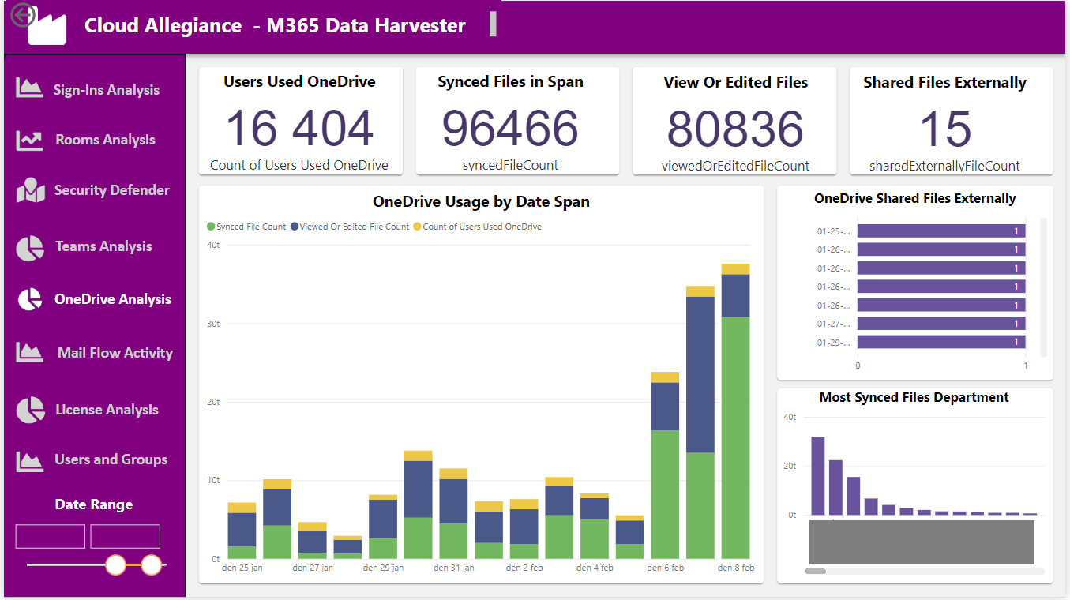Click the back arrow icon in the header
point(22,15)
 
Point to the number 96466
point(510,128)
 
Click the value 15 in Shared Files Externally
point(945,129)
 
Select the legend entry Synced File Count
point(246,227)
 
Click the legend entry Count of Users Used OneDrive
point(477,227)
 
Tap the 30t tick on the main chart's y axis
point(213,324)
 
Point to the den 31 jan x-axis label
point(453,568)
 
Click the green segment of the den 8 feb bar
point(735,437)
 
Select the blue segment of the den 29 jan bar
point(383,519)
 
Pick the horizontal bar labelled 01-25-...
point(941,231)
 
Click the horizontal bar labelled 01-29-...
point(941,342)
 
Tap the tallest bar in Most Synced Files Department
point(818,475)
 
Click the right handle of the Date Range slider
point(152,564)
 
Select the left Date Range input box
point(51,537)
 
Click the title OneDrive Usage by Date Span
point(481,201)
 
